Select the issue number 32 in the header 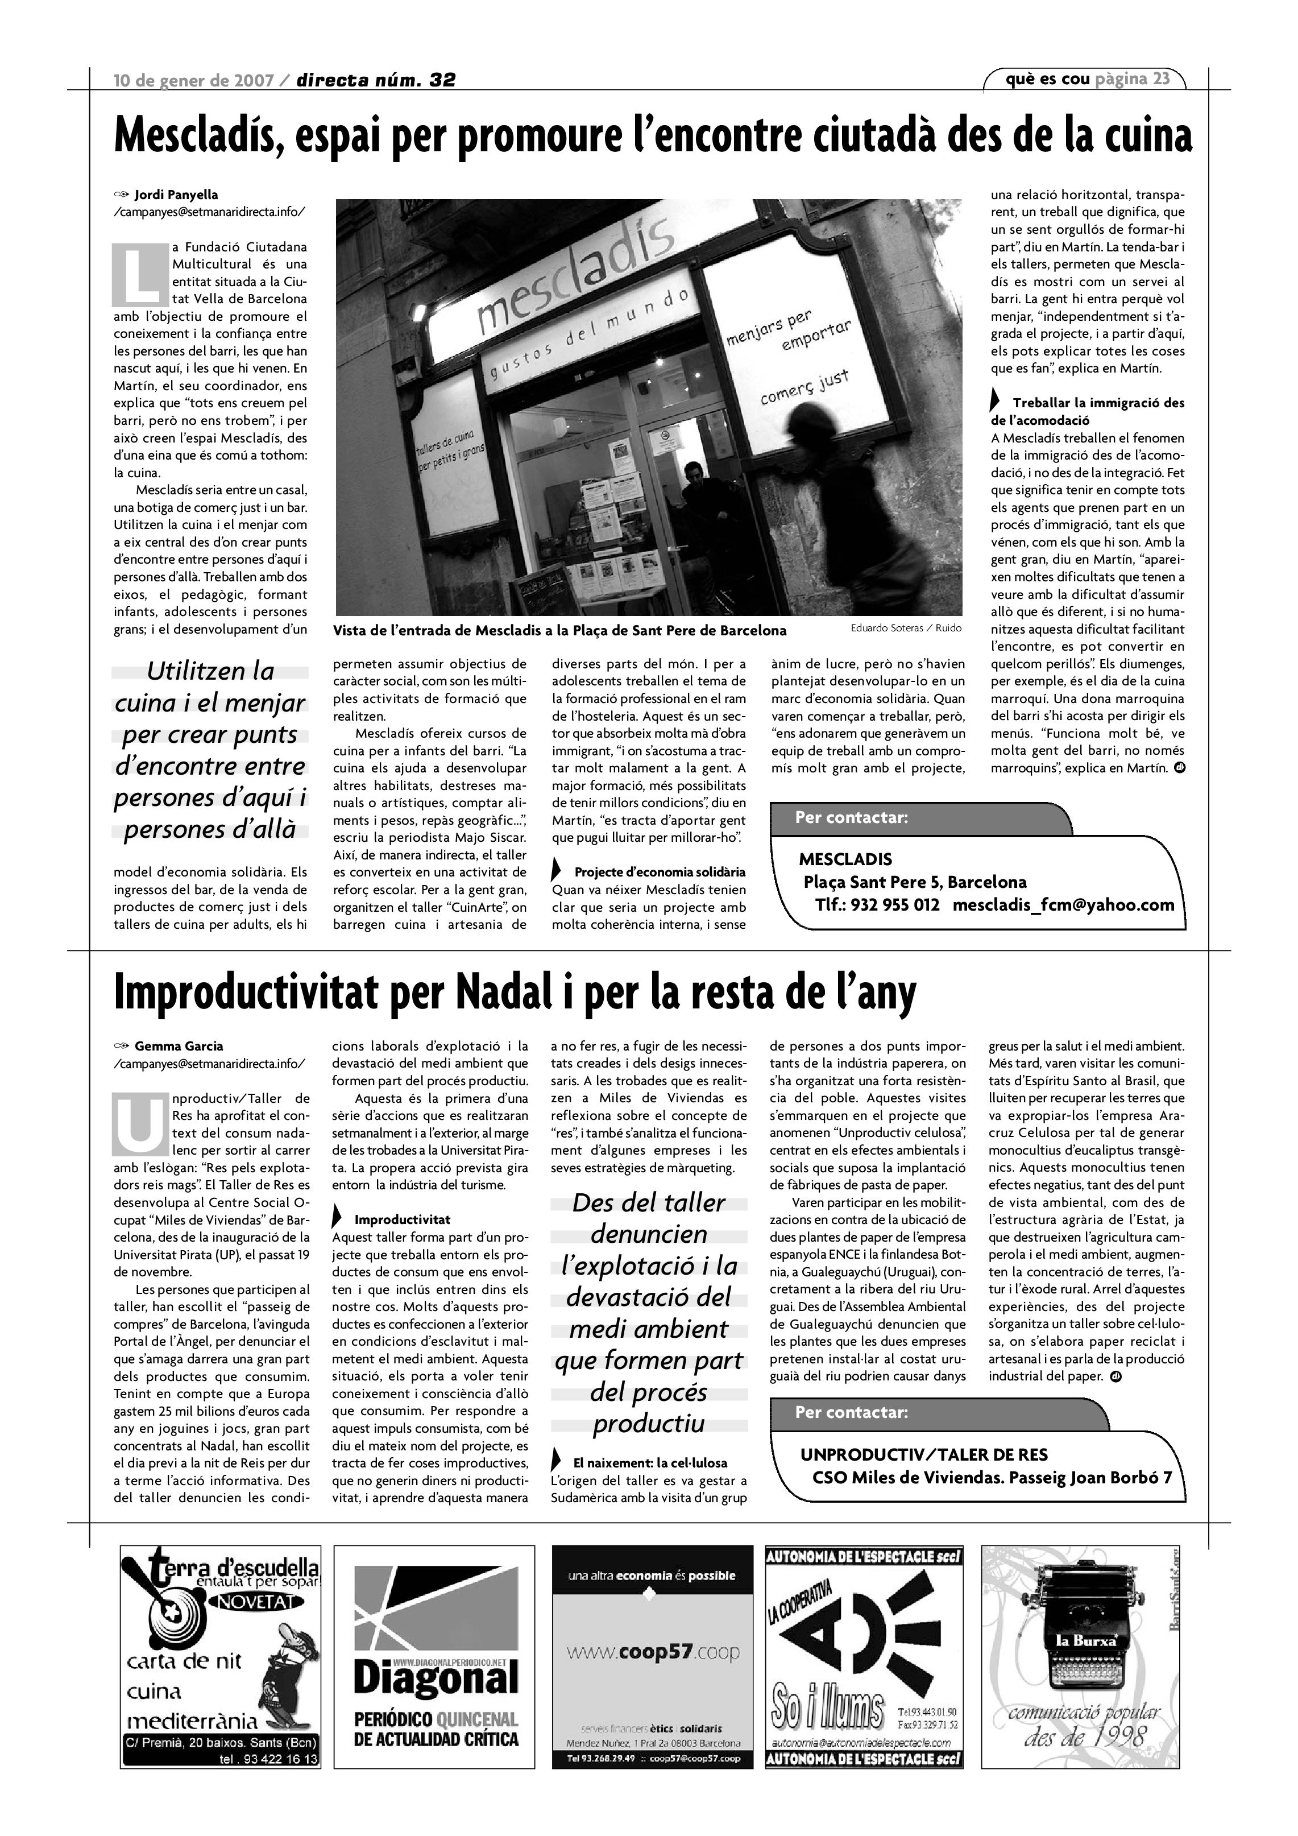[x=442, y=80]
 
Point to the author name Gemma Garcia [x=179, y=1046]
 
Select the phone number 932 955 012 [x=894, y=905]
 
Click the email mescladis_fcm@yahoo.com [x=1063, y=905]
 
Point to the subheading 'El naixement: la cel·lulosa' [x=650, y=1462]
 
